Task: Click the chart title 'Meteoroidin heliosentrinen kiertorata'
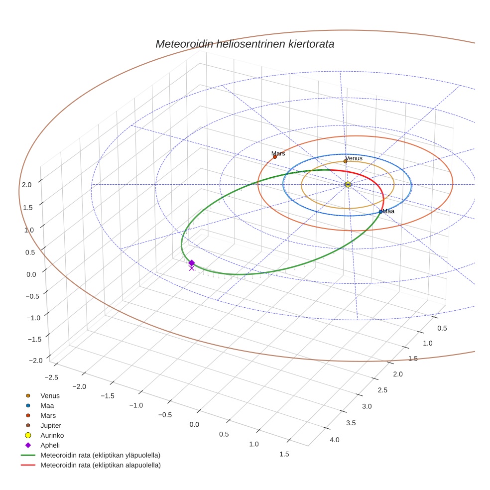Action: click(245, 44)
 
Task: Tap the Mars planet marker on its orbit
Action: click(274, 157)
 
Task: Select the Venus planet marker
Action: click(345, 161)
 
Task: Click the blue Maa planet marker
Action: click(380, 212)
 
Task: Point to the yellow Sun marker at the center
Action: click(348, 184)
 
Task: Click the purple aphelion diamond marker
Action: click(191, 262)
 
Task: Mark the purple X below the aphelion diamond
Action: click(191, 268)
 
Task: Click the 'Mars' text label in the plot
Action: click(278, 153)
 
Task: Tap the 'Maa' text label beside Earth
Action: click(388, 211)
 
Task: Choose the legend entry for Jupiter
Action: click(51, 425)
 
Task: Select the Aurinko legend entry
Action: click(52, 435)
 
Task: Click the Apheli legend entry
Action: click(50, 445)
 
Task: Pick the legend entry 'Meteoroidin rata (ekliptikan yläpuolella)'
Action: click(100, 455)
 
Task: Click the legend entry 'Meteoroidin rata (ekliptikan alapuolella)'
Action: click(100, 465)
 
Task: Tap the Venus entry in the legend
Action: click(50, 395)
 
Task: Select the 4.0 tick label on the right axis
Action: click(334, 440)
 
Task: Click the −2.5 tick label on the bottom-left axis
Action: click(50, 377)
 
